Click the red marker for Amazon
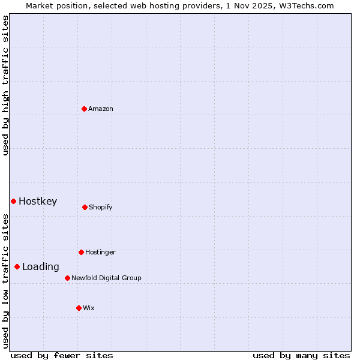tap(84, 109)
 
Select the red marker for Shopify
tap(85, 207)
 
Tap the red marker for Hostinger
tap(81, 252)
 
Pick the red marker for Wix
tap(79, 308)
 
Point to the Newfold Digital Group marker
tap(67, 278)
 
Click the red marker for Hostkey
tap(13, 201)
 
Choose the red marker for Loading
tap(17, 266)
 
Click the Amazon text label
tap(101, 109)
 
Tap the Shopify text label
tap(101, 207)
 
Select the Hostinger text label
tap(100, 252)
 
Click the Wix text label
tap(89, 308)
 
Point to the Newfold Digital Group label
tap(106, 278)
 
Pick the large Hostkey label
tap(38, 201)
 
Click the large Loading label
tap(41, 266)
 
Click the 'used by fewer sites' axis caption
tap(62, 355)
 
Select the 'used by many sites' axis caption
tap(301, 355)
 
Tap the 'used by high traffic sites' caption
tap(5, 85)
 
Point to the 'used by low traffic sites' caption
tap(5, 281)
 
